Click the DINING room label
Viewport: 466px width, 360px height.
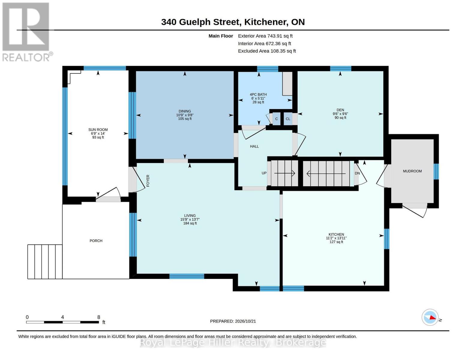(x=185, y=111)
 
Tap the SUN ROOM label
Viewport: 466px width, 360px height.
(x=98, y=130)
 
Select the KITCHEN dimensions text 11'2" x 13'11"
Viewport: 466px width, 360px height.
(x=336, y=238)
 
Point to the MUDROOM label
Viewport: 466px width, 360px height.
(x=412, y=171)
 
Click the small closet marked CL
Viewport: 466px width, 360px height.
(x=288, y=119)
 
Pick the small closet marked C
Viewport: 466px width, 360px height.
(x=276, y=119)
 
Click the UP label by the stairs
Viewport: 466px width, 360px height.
(x=264, y=173)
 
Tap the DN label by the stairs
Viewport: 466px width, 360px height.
(x=357, y=173)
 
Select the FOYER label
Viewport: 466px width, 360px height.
(x=148, y=181)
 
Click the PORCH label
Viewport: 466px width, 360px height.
(x=96, y=241)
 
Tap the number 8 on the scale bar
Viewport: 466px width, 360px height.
(x=99, y=317)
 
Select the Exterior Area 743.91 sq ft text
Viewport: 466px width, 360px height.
(x=265, y=36)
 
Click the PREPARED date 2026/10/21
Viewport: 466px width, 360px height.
(x=245, y=321)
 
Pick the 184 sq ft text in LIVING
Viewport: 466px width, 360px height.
(x=190, y=223)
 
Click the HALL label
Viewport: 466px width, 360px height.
(x=254, y=146)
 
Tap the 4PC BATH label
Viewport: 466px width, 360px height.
(x=258, y=94)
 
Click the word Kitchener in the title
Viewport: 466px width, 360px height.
(x=266, y=22)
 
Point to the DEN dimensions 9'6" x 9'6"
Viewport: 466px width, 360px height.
(x=340, y=114)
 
